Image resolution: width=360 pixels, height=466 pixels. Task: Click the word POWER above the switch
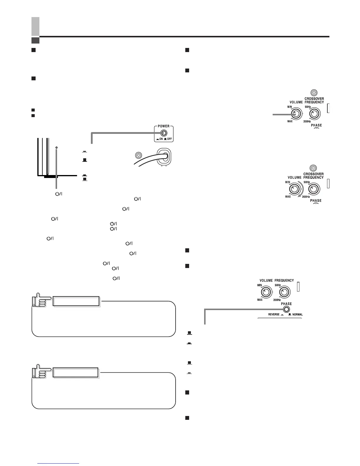164,126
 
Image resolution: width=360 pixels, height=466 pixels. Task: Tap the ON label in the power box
161,139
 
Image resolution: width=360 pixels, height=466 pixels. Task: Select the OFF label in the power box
169,139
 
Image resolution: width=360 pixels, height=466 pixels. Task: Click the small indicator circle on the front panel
56,147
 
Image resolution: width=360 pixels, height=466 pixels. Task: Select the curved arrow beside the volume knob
301,191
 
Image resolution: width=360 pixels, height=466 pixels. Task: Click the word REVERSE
274,314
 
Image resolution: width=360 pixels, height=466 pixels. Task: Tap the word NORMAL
297,314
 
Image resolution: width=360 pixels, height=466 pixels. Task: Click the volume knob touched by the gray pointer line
296,114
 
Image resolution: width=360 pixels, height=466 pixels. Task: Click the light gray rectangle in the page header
35,26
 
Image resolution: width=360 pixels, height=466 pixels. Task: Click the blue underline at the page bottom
59,464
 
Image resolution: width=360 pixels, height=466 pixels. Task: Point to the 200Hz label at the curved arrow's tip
306,197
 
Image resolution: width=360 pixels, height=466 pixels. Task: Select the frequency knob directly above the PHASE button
284,292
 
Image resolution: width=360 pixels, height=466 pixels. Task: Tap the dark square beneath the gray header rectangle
35,40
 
